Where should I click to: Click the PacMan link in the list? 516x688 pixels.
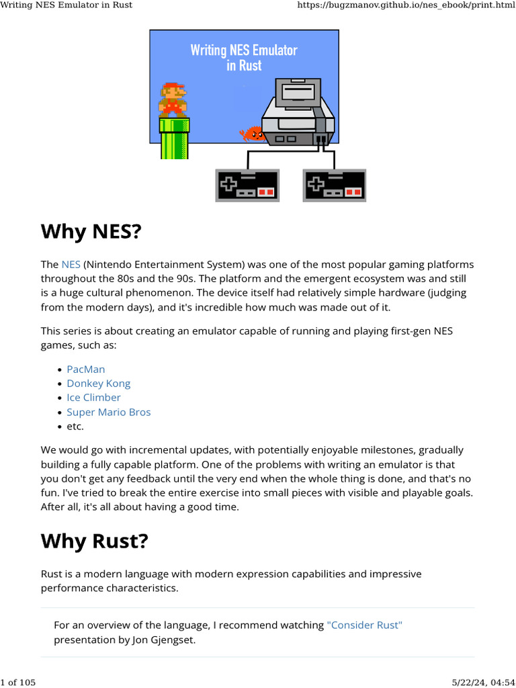click(85, 370)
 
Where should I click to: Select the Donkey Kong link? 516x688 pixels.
click(98, 384)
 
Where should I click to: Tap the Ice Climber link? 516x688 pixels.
click(93, 398)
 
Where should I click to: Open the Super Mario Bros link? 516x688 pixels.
click(108, 412)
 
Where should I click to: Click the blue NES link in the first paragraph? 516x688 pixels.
click(71, 265)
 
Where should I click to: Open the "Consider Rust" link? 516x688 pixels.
click(364, 625)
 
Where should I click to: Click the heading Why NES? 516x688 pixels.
click(91, 232)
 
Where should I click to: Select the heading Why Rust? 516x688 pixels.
click(93, 541)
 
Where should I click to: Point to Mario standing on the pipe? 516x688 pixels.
click(173, 100)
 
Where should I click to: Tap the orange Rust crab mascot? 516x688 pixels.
click(252, 134)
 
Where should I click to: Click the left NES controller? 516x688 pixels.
click(247, 185)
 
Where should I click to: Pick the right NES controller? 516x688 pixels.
click(335, 185)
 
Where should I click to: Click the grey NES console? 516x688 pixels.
click(297, 114)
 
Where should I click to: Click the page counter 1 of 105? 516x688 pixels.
click(18, 683)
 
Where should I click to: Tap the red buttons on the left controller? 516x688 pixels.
click(266, 193)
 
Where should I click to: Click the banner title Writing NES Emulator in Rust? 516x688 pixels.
click(244, 58)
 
